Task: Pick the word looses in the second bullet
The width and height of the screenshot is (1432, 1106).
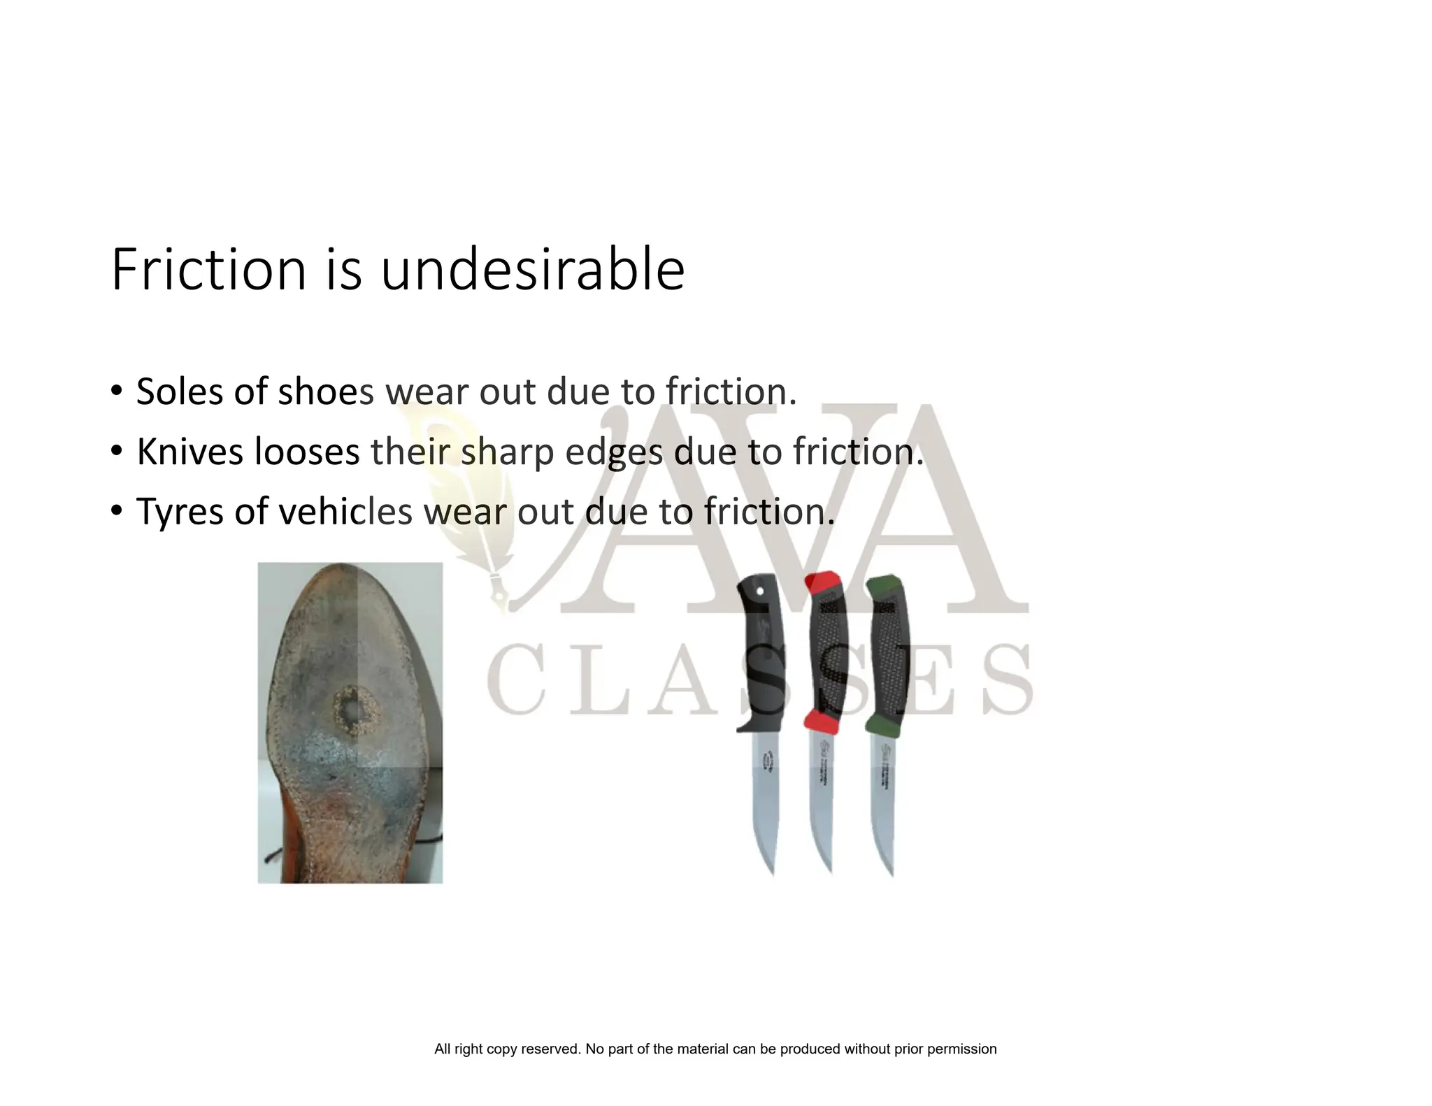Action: pos(307,451)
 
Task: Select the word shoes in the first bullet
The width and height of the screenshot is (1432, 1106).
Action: pos(327,391)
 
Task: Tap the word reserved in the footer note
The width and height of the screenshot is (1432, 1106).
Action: pos(549,1049)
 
